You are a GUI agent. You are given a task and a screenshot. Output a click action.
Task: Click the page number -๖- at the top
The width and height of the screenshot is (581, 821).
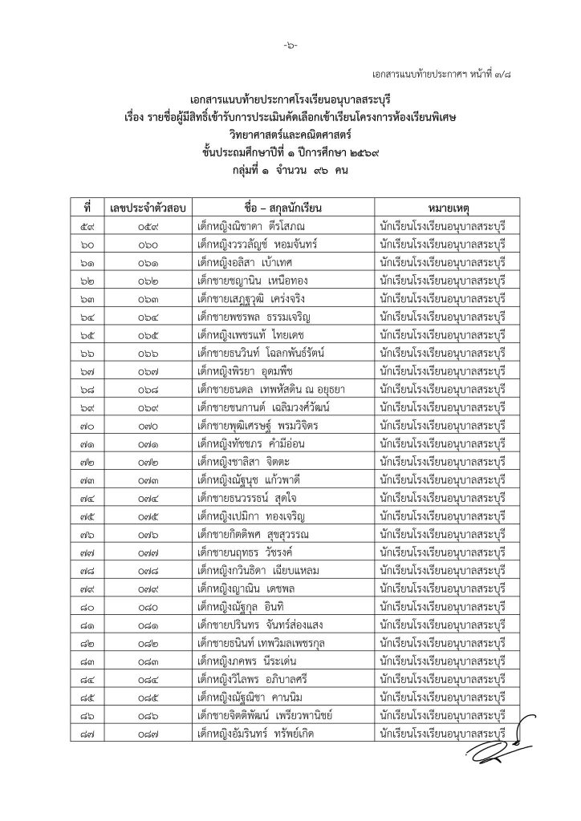tap(290, 46)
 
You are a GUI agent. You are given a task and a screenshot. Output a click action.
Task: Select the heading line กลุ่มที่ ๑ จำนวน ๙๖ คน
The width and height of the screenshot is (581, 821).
tap(290, 170)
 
